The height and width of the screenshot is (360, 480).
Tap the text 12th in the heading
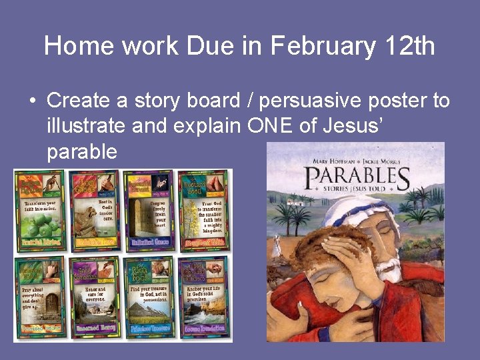coord(411,46)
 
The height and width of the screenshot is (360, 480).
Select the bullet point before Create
coord(32,102)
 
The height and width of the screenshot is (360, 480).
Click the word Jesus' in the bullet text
coord(353,126)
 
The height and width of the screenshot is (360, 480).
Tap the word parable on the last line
coord(82,152)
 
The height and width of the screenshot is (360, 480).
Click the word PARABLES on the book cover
coord(357,179)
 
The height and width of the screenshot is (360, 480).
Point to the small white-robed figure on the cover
coord(277,245)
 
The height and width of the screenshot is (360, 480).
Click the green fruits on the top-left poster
coord(40,227)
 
